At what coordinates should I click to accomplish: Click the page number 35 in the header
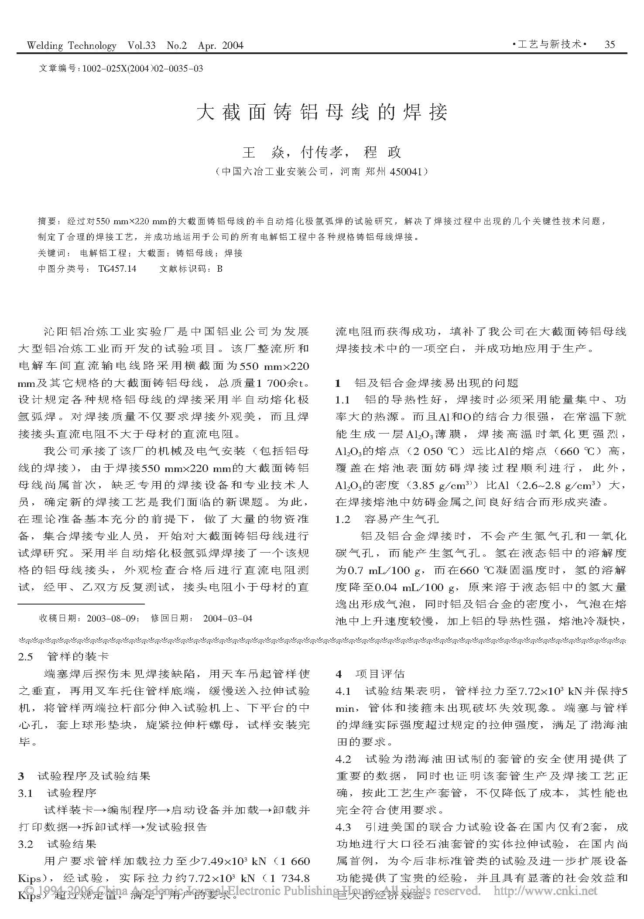point(610,44)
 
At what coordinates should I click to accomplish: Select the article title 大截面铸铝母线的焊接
point(322,113)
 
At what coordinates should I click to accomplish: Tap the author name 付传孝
point(323,152)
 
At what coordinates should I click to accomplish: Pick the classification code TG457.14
point(117,269)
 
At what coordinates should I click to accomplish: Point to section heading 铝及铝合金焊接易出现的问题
point(436,383)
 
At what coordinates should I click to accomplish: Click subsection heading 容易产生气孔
point(401,519)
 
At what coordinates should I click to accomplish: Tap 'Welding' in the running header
point(45,45)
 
